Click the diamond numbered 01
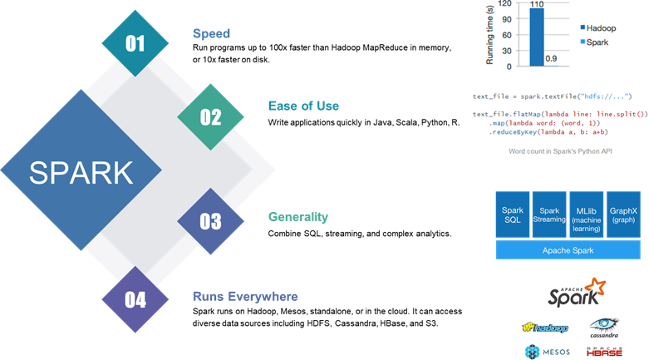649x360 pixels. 135,43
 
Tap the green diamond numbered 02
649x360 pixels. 211,117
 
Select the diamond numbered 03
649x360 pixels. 211,221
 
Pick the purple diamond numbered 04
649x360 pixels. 135,299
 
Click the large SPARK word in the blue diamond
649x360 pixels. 81,173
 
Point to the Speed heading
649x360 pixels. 211,33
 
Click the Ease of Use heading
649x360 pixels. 303,106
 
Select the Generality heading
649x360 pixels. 298,217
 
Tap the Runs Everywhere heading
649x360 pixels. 245,297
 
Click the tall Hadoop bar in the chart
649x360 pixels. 537,37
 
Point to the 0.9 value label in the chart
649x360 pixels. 551,59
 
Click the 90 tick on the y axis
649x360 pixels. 507,19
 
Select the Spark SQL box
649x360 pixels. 513,215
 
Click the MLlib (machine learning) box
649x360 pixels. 586,215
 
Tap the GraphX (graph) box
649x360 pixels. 623,215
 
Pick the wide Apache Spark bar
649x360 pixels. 568,250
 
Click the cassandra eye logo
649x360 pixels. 604,328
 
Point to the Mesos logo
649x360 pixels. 547,353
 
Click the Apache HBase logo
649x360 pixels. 604,353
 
